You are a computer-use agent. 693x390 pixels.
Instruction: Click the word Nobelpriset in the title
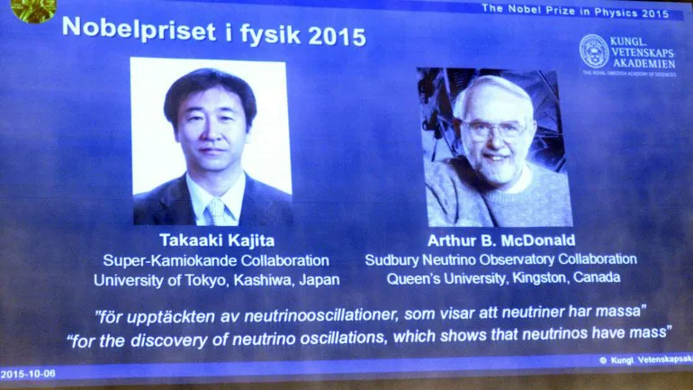[x=139, y=29]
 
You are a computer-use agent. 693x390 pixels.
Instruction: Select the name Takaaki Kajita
[x=217, y=240]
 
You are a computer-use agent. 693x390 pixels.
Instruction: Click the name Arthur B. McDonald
[x=501, y=240]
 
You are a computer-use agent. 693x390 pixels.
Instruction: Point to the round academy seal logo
[x=594, y=51]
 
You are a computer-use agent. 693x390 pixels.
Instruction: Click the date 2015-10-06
[x=28, y=374]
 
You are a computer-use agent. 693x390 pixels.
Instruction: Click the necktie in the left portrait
[x=218, y=212]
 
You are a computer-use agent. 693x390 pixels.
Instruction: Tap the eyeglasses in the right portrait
[x=496, y=130]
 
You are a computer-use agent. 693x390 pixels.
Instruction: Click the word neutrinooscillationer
[x=322, y=316]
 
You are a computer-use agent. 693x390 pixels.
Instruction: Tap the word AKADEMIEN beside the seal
[x=643, y=64]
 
